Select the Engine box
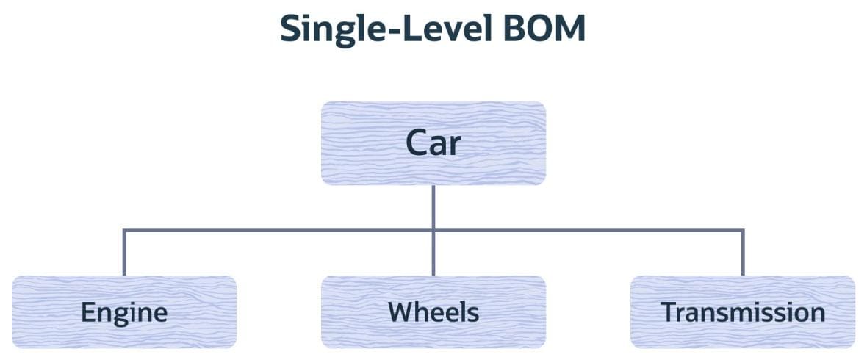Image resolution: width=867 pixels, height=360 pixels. click(124, 312)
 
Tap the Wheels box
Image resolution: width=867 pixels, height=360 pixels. click(433, 312)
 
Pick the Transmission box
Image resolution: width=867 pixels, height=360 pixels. click(743, 312)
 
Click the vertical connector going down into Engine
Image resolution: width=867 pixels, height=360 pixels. click(124, 253)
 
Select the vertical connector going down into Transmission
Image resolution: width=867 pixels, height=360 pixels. click(743, 253)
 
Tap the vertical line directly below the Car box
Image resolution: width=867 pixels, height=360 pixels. click(433, 207)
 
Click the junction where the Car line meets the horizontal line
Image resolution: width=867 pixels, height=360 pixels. click(433, 230)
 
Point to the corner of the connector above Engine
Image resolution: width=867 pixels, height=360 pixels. click(124, 230)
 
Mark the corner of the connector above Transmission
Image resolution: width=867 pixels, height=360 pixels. click(743, 230)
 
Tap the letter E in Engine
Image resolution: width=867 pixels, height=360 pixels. click(88, 312)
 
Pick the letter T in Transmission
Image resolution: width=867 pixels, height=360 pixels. click(669, 312)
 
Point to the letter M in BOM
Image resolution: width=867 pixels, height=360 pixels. click(571, 29)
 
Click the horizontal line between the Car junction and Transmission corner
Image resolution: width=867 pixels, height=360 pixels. click(588, 230)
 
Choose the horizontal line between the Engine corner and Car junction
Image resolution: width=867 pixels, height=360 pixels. click(278, 230)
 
